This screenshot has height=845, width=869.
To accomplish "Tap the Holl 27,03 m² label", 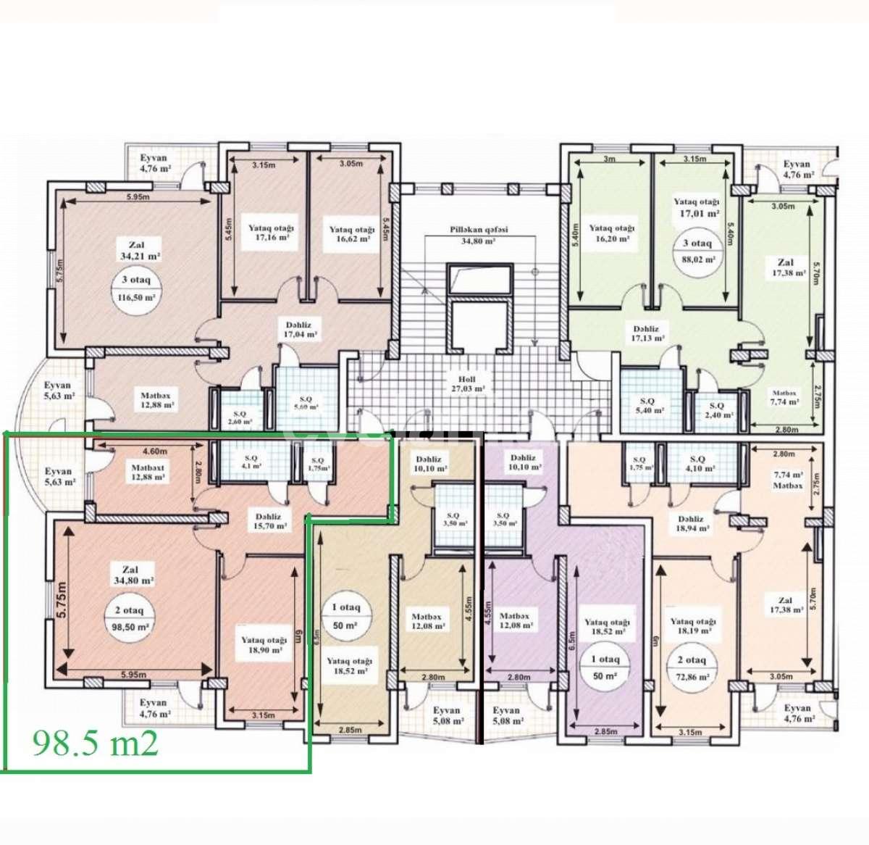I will pyautogui.click(x=466, y=383).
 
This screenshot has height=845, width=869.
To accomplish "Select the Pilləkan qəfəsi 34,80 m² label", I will pyautogui.click(x=479, y=234).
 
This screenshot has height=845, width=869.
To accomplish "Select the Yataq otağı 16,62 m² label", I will pyautogui.click(x=352, y=233).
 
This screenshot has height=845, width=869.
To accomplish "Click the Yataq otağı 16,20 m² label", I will pyautogui.click(x=611, y=233).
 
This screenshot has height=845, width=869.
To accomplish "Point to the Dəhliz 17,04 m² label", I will pyautogui.click(x=299, y=330).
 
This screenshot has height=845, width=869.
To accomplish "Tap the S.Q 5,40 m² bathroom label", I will pyautogui.click(x=648, y=405).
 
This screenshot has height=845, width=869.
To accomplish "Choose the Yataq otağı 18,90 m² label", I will pyautogui.click(x=264, y=645).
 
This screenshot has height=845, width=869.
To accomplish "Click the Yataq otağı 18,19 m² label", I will pyautogui.click(x=692, y=626).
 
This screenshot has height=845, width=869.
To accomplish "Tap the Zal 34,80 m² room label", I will pyautogui.click(x=130, y=575).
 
